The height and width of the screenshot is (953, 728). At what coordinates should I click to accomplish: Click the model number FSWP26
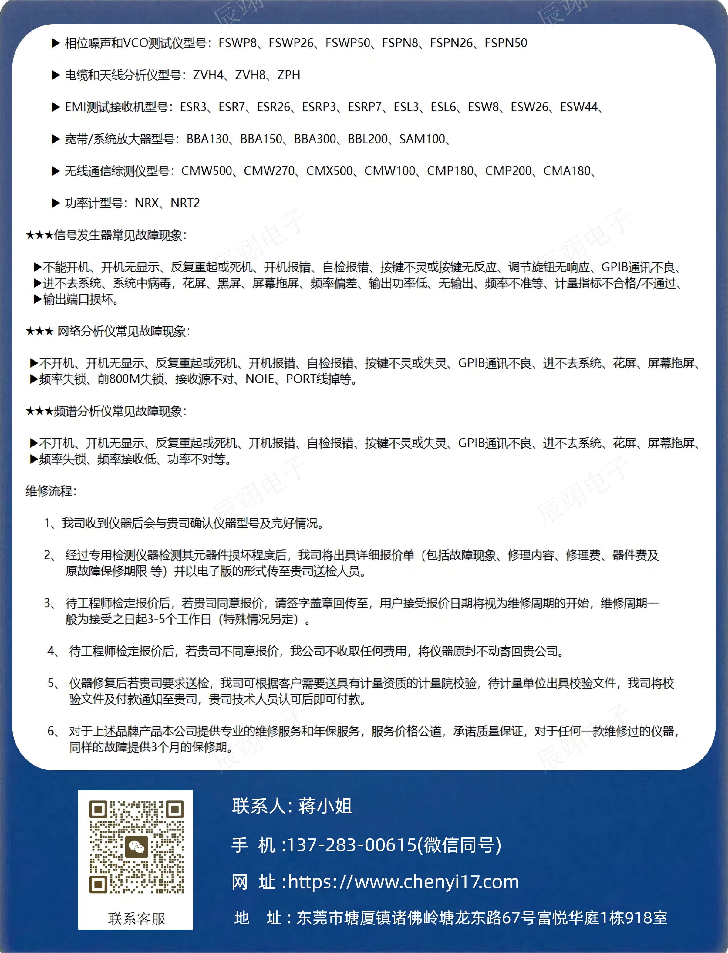coord(290,43)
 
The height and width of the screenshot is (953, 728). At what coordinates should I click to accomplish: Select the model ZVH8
coord(250,75)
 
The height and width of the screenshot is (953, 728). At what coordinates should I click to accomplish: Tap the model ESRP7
coord(364,107)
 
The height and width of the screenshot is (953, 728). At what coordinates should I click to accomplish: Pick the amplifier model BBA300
coord(315,139)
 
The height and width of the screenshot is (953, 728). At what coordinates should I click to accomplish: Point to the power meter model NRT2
coord(185,203)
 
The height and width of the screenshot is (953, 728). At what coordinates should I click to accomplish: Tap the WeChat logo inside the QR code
coord(136,847)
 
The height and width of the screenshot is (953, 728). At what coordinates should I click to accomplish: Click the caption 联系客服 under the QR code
coord(136,918)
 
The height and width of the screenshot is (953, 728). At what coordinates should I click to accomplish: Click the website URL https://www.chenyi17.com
coord(403,881)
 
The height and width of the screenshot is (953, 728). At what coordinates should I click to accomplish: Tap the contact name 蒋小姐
coord(325,806)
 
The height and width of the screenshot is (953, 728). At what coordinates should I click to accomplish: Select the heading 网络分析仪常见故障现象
coord(121,332)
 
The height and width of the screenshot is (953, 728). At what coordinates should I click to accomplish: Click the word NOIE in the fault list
coord(260,379)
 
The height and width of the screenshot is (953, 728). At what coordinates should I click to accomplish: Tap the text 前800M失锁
coord(131,379)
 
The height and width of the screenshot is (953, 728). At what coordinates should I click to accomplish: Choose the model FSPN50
coord(506,43)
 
